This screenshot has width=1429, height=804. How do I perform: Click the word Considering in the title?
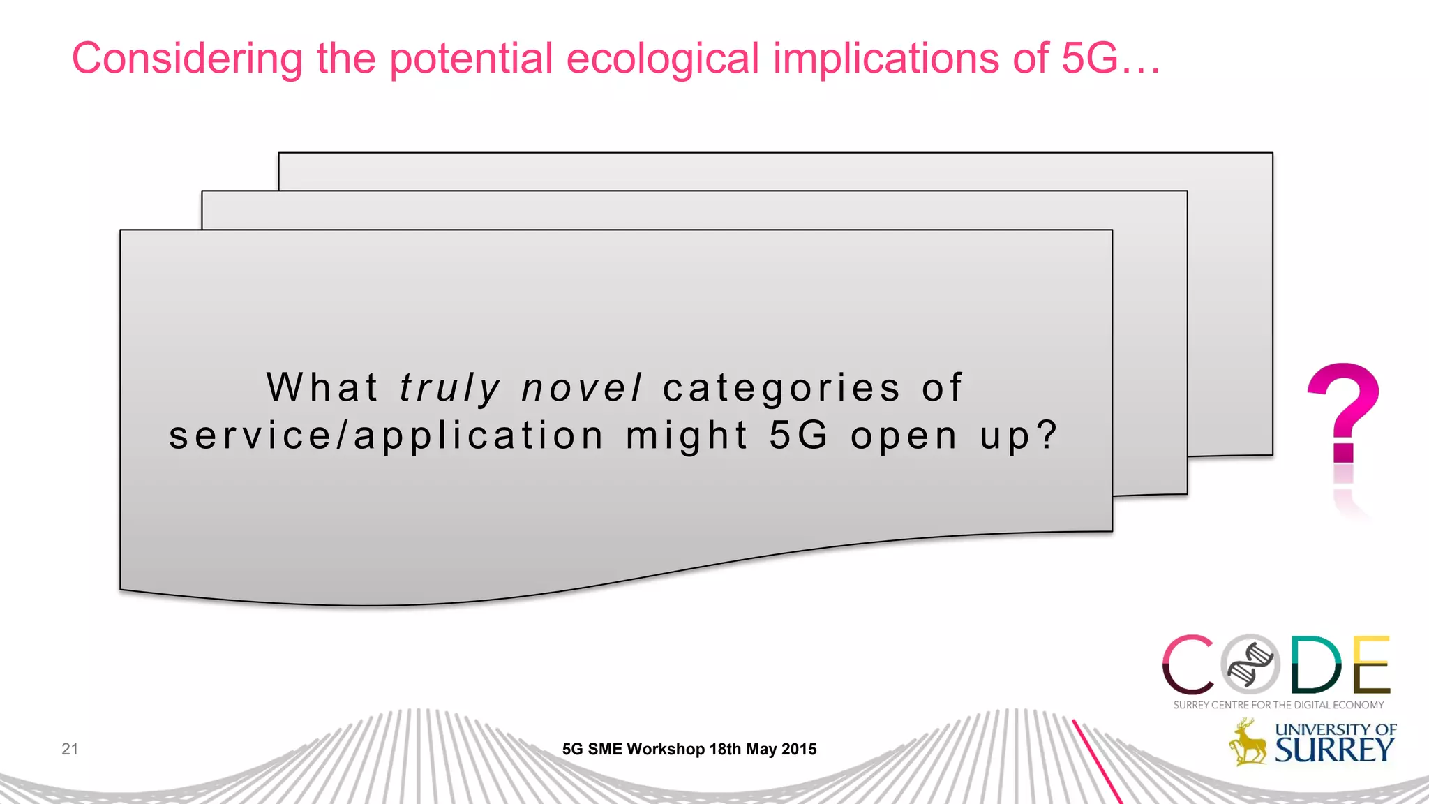click(x=187, y=59)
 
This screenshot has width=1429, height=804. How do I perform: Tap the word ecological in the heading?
click(x=662, y=59)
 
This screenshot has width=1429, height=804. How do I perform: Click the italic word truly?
click(x=450, y=388)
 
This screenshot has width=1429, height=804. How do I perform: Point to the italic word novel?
click(x=581, y=388)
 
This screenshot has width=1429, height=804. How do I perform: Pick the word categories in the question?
click(x=781, y=388)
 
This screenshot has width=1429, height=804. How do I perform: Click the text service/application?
click(x=386, y=436)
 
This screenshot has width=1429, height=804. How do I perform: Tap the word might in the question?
click(x=687, y=436)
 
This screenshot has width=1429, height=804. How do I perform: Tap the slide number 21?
click(x=70, y=749)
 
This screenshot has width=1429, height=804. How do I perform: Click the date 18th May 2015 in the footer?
click(x=763, y=749)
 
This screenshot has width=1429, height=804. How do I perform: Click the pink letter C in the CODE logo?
click(x=1188, y=664)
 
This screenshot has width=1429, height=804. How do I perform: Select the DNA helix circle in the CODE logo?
click(x=1250, y=664)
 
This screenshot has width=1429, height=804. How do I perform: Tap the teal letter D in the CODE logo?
click(x=1315, y=664)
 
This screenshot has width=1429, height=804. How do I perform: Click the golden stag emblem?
click(x=1248, y=743)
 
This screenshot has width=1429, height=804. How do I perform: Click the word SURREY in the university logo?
click(x=1334, y=750)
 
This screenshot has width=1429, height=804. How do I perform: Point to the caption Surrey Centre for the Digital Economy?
click(x=1278, y=705)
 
